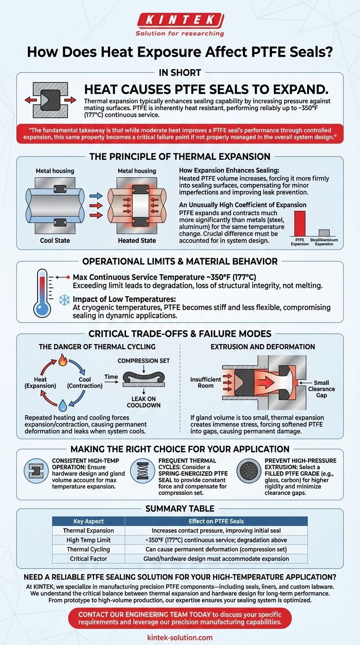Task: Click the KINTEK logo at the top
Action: coord(180,20)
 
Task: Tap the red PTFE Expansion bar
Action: coord(299,223)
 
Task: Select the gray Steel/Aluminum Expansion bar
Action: coord(324,232)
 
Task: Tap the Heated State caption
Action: coord(137,240)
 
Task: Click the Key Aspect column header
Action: coord(88,521)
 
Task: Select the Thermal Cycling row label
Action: coord(88,549)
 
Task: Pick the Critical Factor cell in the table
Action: coord(88,559)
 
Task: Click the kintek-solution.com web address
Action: coord(180,637)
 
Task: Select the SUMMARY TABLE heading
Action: coord(180,508)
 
